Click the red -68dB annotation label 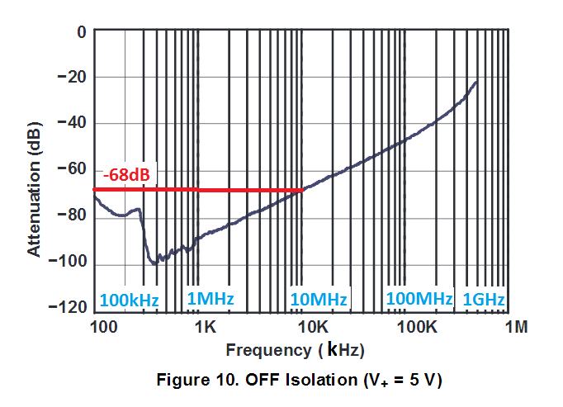125,176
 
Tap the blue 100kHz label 129,299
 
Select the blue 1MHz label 211,299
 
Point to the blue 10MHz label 319,299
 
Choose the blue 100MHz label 419,298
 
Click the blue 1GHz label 483,299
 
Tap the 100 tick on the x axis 102,328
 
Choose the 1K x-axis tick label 206,328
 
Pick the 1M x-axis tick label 516,328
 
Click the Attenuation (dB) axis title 35,170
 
